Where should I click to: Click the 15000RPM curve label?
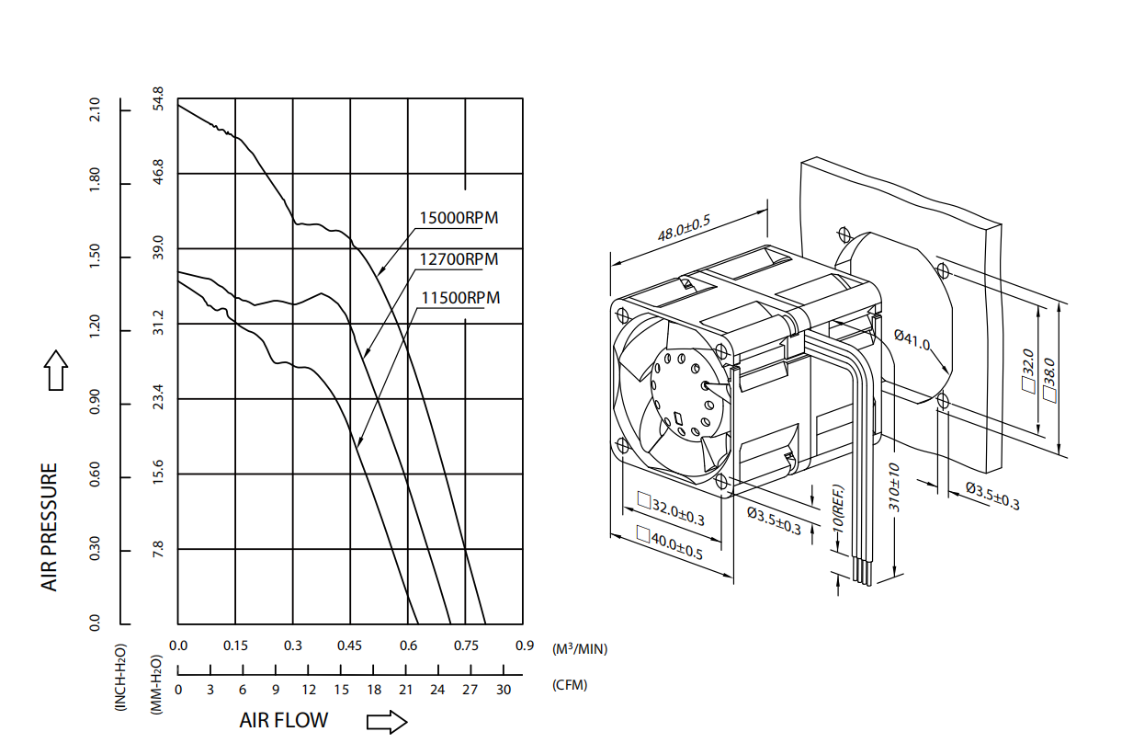point(459,219)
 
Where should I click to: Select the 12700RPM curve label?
point(459,259)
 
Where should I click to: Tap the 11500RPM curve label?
point(460,298)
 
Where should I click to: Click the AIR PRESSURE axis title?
point(50,527)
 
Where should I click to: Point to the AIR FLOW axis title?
point(283,720)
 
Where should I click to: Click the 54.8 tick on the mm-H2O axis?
point(158,99)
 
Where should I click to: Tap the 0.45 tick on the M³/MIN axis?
point(349,646)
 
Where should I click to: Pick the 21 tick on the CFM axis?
point(405,690)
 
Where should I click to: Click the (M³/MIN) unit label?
point(579,649)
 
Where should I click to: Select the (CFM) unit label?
point(570,685)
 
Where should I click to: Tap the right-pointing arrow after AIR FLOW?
point(386,722)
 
